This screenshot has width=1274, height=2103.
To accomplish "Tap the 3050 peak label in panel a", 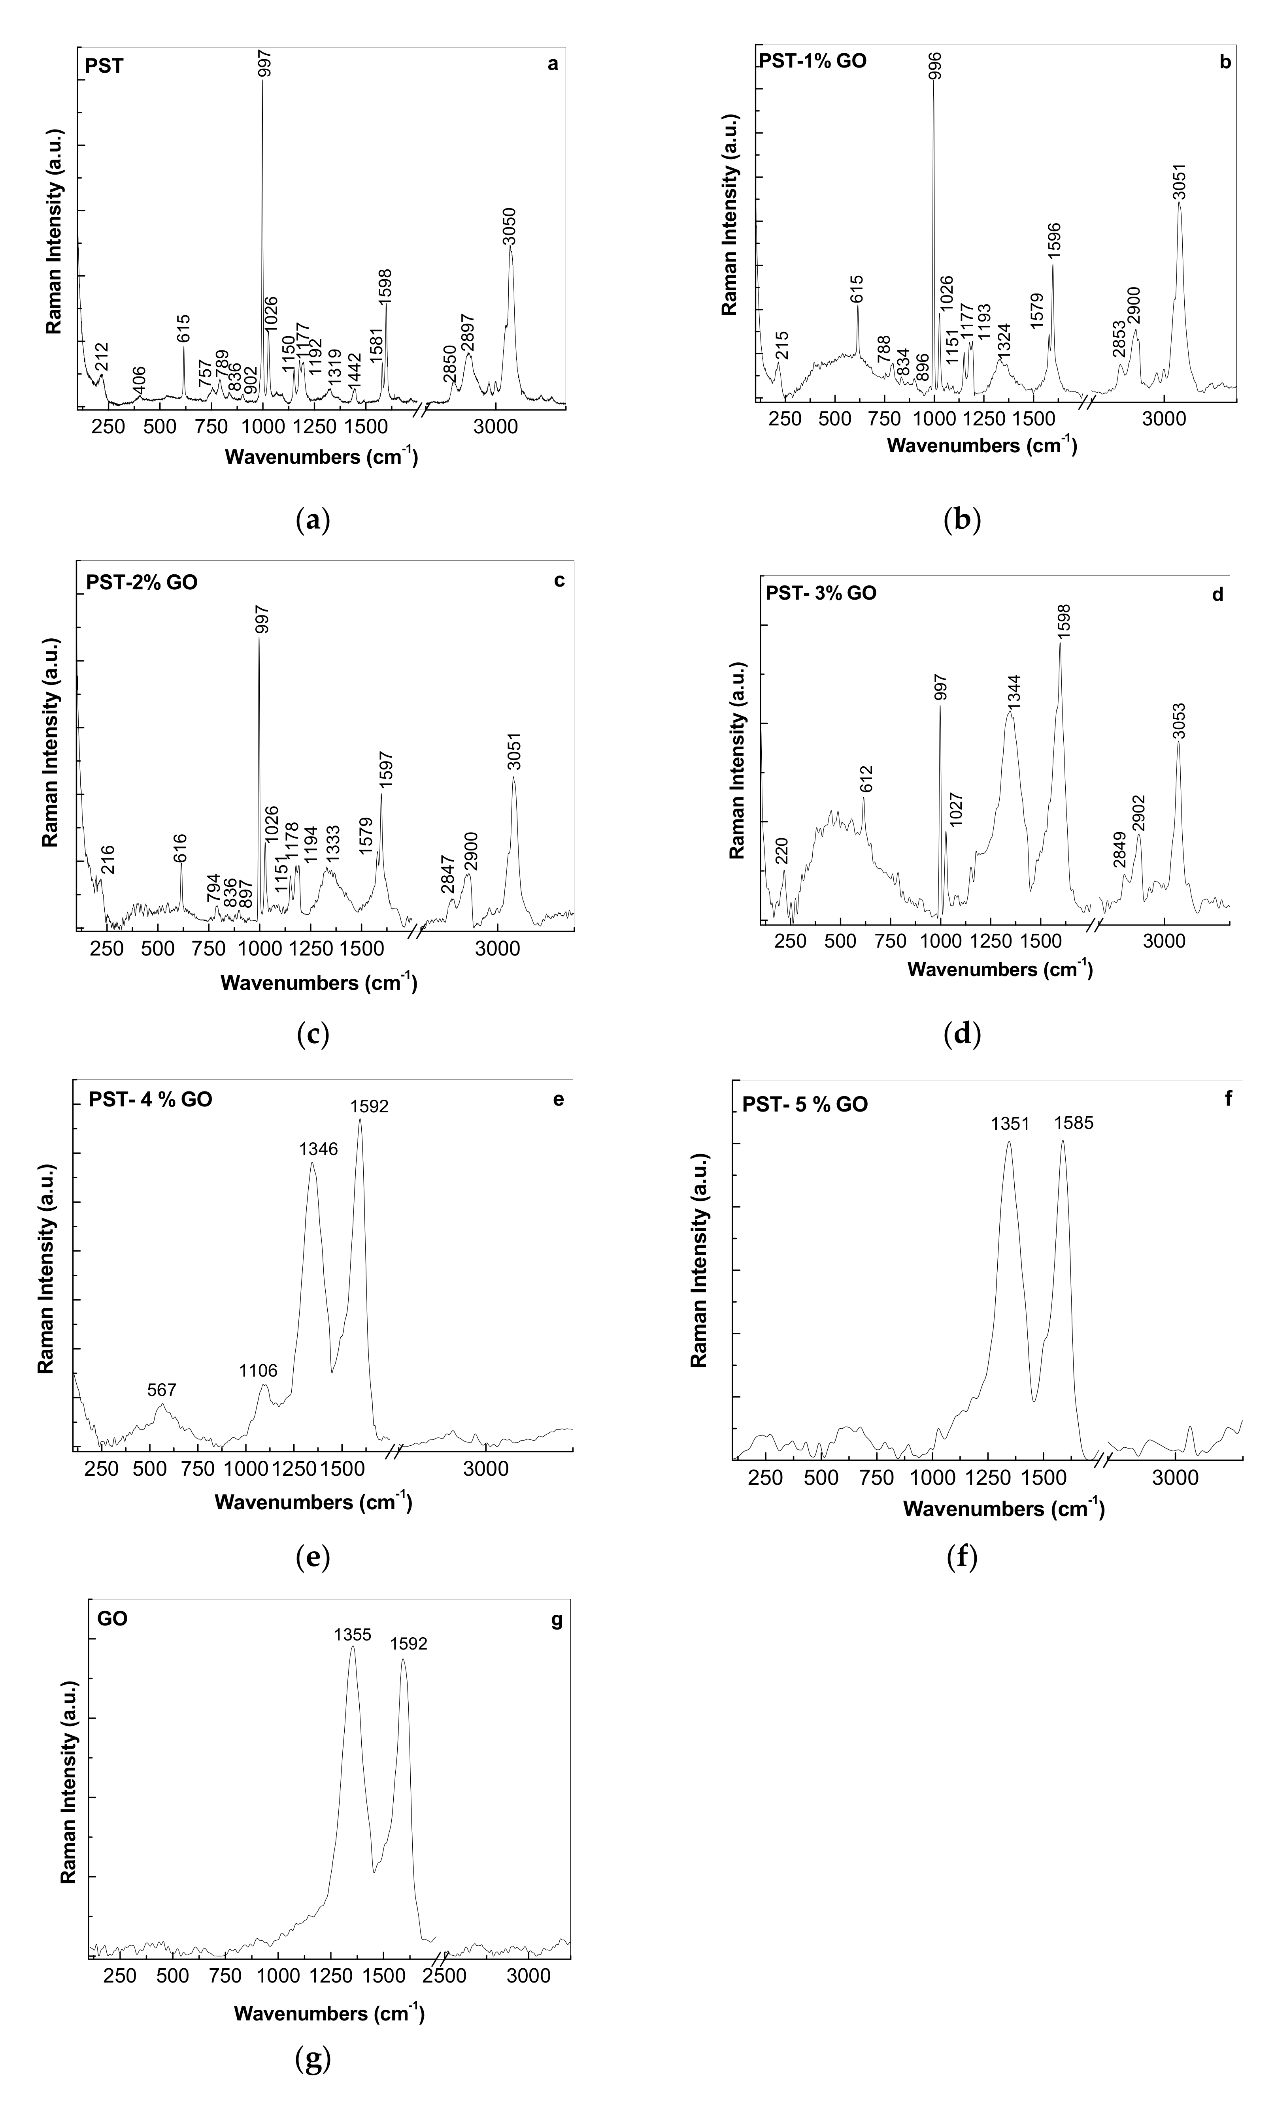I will click(511, 226).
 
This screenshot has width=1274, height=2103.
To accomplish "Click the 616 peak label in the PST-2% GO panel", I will click(180, 849).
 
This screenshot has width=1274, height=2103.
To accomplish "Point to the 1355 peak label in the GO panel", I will click(352, 1635).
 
